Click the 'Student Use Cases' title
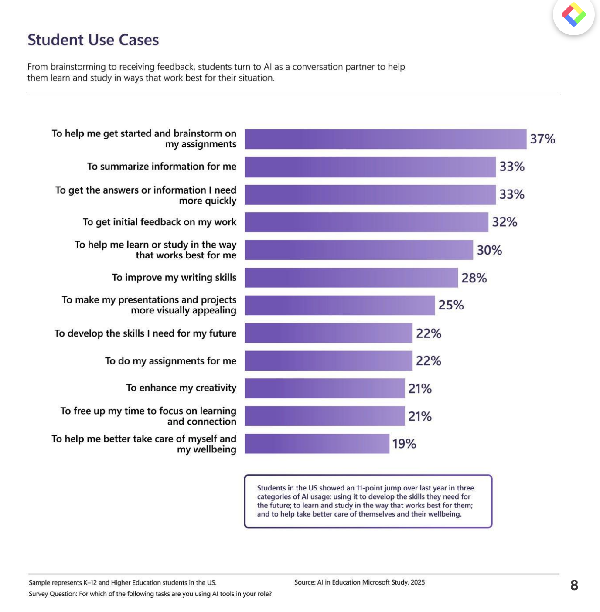[93, 40]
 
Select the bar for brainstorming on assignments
[385, 139]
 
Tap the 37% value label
[542, 139]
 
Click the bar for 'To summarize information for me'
[370, 167]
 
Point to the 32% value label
[505, 222]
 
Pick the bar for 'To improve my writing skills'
[351, 278]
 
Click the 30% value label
[489, 250]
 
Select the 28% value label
[474, 278]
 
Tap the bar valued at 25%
[339, 305]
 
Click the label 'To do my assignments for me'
[170, 361]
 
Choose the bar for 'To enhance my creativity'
[324, 388]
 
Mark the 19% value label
[404, 444]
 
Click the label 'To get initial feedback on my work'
[160, 222]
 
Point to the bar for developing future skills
[328, 333]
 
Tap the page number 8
[574, 585]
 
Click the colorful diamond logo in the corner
[573, 15]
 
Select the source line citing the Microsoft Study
[359, 582]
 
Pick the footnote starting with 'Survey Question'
[150, 594]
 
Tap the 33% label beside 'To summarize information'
[511, 167]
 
